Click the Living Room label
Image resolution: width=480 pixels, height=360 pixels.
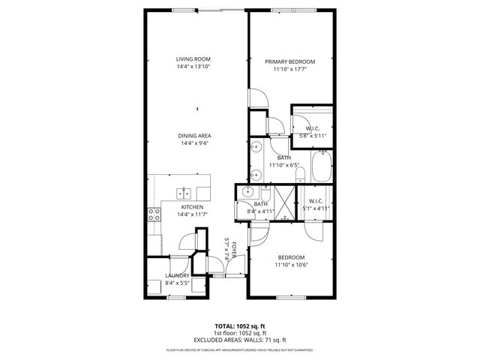pyautogui.click(x=193, y=58)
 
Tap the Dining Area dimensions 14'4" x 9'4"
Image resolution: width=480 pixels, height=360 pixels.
pyautogui.click(x=193, y=143)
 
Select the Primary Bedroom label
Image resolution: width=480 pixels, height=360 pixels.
pyautogui.click(x=289, y=61)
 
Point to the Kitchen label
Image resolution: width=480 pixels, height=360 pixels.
pyautogui.click(x=193, y=206)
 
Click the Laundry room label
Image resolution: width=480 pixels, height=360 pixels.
pyautogui.click(x=177, y=276)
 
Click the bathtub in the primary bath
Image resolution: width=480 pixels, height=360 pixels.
pyautogui.click(x=321, y=167)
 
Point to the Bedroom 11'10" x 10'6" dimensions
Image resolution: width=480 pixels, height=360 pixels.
pyautogui.click(x=292, y=264)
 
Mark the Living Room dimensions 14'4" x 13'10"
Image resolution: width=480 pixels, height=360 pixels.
pyautogui.click(x=193, y=67)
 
